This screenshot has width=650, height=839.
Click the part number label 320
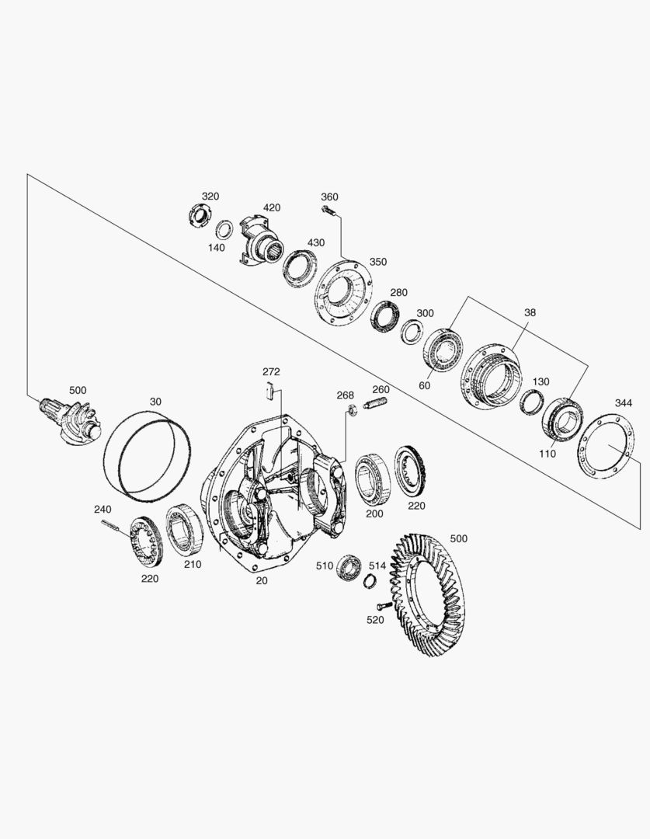pyautogui.click(x=210, y=196)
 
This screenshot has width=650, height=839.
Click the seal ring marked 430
pyautogui.click(x=298, y=267)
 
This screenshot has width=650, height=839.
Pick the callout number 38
pyautogui.click(x=530, y=312)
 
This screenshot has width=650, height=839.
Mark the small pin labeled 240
pyautogui.click(x=113, y=526)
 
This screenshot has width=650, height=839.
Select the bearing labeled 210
pyautogui.click(x=186, y=530)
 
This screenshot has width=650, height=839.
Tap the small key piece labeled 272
pyautogui.click(x=269, y=390)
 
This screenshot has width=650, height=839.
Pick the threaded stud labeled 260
pyautogui.click(x=376, y=405)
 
